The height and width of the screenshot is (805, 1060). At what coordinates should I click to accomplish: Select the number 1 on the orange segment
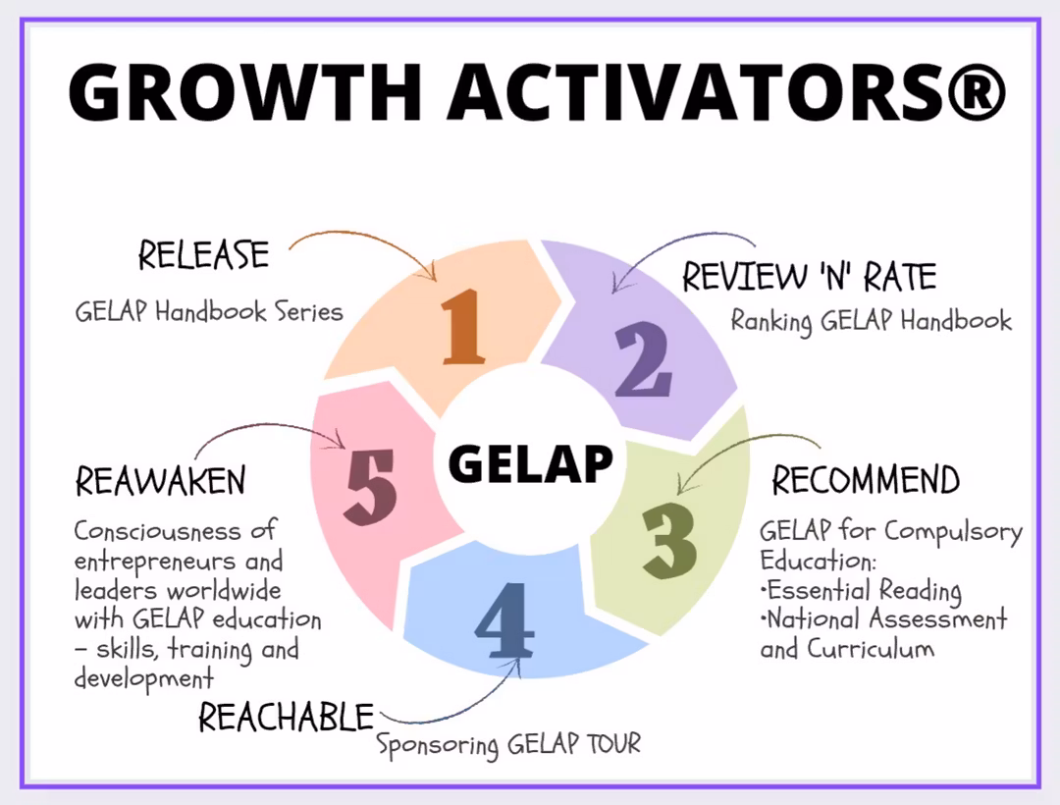pyautogui.click(x=462, y=327)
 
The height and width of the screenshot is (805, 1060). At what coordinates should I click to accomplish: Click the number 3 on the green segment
pyautogui.click(x=670, y=539)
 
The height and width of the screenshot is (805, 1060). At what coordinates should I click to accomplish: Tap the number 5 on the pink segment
pyautogui.click(x=371, y=484)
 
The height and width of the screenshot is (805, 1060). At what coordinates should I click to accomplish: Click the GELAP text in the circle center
pyautogui.click(x=530, y=462)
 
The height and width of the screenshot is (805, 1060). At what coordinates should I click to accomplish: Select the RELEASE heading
pyautogui.click(x=203, y=255)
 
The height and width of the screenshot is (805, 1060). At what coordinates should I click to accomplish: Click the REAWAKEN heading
pyautogui.click(x=160, y=482)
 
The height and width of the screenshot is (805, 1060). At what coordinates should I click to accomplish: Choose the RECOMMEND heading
pyautogui.click(x=865, y=480)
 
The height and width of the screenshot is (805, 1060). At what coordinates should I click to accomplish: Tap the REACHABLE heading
pyautogui.click(x=287, y=717)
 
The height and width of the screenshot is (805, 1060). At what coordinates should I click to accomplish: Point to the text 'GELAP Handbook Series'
pyautogui.click(x=209, y=312)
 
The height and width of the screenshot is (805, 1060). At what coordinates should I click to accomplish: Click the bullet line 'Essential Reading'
pyautogui.click(x=862, y=591)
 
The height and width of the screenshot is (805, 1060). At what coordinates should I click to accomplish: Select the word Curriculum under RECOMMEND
pyautogui.click(x=870, y=649)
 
